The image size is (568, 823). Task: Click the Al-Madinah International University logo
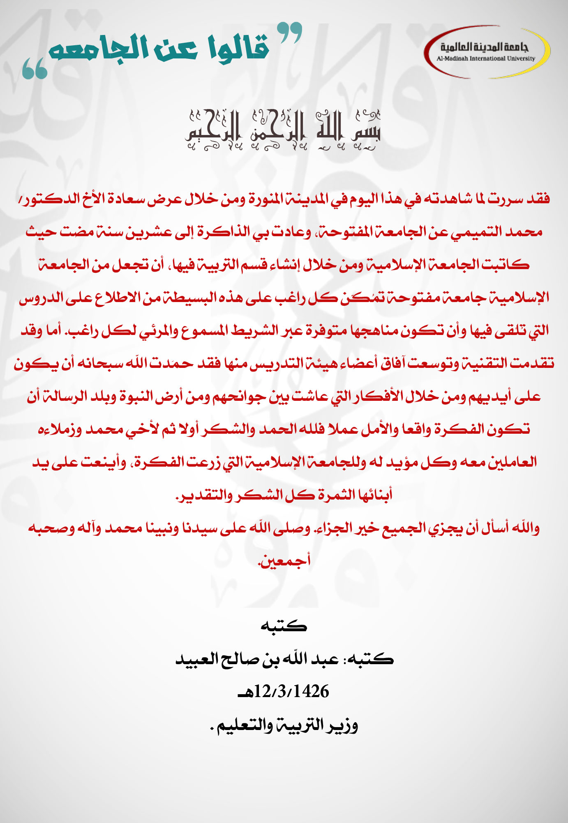[x=487, y=52]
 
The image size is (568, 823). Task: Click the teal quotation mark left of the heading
[x=35, y=68]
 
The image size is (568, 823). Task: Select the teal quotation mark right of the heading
[x=289, y=33]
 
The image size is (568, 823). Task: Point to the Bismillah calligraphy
[x=283, y=130]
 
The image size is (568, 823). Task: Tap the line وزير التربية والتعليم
[x=284, y=725]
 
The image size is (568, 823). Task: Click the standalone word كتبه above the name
[x=284, y=626]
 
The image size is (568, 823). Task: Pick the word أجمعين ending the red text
[x=284, y=561]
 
